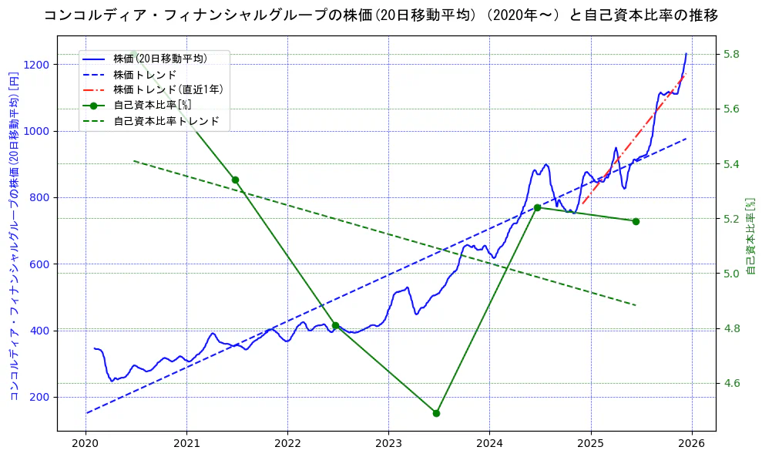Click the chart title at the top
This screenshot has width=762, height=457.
pyautogui.click(x=381, y=15)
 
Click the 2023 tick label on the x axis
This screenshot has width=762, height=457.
pyautogui.click(x=388, y=444)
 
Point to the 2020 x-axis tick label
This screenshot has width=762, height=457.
pyautogui.click(x=86, y=444)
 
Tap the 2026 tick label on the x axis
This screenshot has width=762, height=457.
pyautogui.click(x=691, y=444)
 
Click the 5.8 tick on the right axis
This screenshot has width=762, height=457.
pyautogui.click(x=732, y=54)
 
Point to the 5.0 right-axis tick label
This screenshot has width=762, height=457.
pyautogui.click(x=732, y=274)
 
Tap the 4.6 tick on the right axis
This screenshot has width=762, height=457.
pyautogui.click(x=732, y=383)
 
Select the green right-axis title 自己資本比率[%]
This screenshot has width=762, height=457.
pyautogui.click(x=751, y=235)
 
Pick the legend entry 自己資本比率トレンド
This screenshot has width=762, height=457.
pyautogui.click(x=166, y=121)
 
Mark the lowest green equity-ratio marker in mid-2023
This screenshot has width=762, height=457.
pyautogui.click(x=436, y=413)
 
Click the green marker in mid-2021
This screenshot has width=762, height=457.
pyautogui.click(x=235, y=180)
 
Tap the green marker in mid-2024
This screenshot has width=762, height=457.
pyautogui.click(x=537, y=207)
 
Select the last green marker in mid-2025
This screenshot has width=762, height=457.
pyautogui.click(x=636, y=221)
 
